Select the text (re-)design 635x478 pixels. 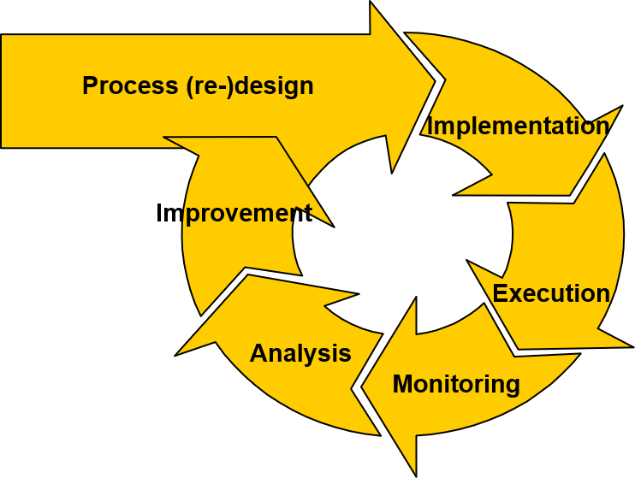tap(249, 86)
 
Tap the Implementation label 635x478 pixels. tap(518, 127)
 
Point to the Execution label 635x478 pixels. tap(551, 294)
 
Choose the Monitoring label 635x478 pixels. tap(456, 384)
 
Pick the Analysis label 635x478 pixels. tap(300, 354)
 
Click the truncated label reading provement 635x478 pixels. tap(248, 213)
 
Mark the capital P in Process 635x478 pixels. tap(90, 86)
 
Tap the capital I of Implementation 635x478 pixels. tap(430, 127)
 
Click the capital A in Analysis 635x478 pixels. tap(258, 354)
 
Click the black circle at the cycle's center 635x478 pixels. tap(402, 235)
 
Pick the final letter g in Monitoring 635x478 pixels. tap(512, 387)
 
